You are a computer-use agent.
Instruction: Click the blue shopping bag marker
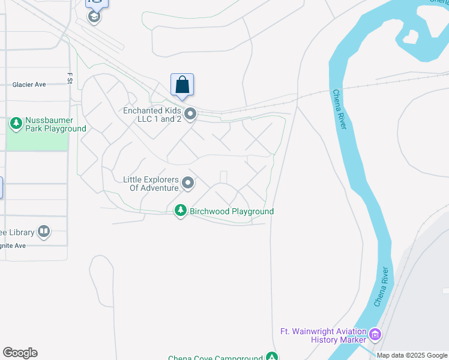click(x=182, y=85)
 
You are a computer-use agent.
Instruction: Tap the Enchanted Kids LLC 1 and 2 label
click(x=152, y=115)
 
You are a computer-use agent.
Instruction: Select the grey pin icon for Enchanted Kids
click(x=191, y=113)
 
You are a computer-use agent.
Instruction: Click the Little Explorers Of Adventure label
click(x=151, y=184)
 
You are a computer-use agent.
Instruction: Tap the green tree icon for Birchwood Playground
click(x=180, y=211)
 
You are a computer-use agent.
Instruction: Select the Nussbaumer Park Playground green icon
click(x=16, y=123)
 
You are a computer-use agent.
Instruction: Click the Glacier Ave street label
click(x=29, y=85)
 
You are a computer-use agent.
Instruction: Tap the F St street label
click(x=70, y=77)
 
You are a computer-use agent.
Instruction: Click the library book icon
click(x=44, y=230)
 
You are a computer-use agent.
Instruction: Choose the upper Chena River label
click(x=340, y=109)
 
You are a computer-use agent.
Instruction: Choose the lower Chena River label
click(x=382, y=287)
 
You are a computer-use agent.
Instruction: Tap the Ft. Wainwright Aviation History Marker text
click(x=323, y=335)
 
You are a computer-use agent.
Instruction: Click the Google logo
click(x=20, y=353)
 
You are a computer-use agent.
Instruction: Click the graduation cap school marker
click(x=94, y=16)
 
